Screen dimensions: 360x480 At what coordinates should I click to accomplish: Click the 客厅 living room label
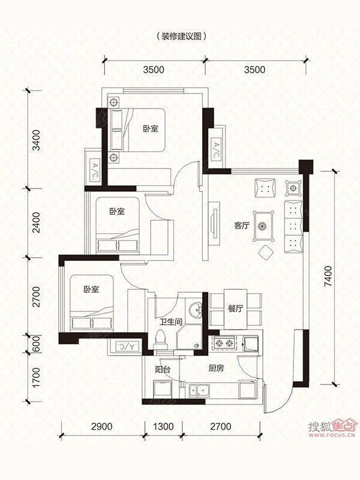[x=242, y=226]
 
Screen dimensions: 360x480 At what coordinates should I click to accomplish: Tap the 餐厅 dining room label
[x=235, y=308]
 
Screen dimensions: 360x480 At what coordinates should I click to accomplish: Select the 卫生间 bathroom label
[x=171, y=322]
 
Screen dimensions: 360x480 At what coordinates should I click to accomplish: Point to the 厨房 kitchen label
[x=216, y=368]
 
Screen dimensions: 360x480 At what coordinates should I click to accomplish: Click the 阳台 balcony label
[x=163, y=369]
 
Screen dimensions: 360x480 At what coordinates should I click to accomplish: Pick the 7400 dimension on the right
[x=328, y=277]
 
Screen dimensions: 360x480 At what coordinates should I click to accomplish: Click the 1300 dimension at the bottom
[x=163, y=427]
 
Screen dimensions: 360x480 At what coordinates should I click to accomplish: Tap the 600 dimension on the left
[x=36, y=344]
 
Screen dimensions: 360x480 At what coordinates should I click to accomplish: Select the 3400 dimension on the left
[x=36, y=140]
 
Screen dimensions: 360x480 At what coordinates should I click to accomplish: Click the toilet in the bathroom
[x=161, y=340]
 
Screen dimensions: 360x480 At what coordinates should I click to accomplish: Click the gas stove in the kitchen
[x=224, y=343]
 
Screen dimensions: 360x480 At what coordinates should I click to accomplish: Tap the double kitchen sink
[x=199, y=391]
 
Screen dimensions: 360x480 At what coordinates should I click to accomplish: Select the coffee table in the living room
[x=263, y=226]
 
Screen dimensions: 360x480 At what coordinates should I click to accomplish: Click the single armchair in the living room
[x=265, y=187]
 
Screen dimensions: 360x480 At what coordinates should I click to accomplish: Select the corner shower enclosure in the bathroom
[x=189, y=337]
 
